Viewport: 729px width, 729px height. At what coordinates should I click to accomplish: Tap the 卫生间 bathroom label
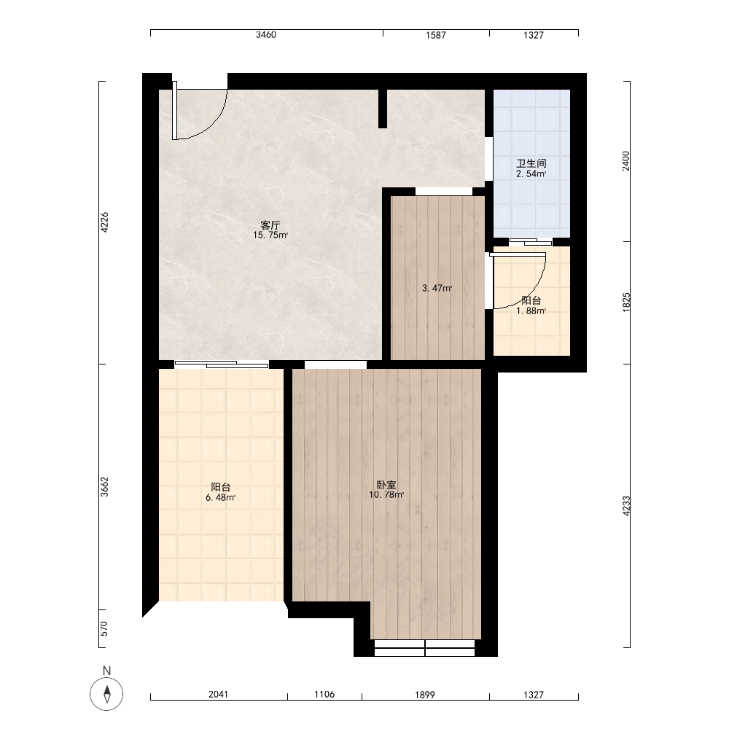[x=531, y=163]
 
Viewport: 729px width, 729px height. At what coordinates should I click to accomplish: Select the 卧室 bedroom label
[x=386, y=485]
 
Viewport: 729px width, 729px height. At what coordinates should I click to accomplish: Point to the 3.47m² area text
[x=437, y=288]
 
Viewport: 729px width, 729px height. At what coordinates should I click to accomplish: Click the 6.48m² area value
[x=220, y=497]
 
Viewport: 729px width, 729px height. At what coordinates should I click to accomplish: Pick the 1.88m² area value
[x=531, y=311]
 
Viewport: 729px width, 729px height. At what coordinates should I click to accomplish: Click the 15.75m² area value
[x=270, y=235]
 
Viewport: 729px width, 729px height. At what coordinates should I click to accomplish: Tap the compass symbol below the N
[x=107, y=694]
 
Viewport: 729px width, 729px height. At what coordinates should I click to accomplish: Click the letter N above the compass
[x=107, y=671]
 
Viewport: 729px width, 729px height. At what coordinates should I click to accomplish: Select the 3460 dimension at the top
[x=266, y=35]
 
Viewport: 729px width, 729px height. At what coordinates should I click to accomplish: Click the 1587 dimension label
[x=436, y=35]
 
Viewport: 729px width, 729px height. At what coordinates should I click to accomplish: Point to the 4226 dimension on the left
[x=104, y=222]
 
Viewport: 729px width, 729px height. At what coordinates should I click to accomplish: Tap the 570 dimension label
[x=104, y=628]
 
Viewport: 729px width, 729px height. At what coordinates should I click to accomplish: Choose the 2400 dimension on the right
[x=626, y=161]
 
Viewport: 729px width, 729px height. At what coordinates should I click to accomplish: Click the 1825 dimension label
[x=626, y=303]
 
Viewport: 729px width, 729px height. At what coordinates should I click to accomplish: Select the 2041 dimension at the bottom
[x=218, y=695]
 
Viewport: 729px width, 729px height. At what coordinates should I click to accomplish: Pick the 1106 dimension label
[x=324, y=695]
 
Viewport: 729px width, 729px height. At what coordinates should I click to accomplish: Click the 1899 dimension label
[x=424, y=695]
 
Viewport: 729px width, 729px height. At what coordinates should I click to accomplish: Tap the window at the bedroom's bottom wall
[x=424, y=648]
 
